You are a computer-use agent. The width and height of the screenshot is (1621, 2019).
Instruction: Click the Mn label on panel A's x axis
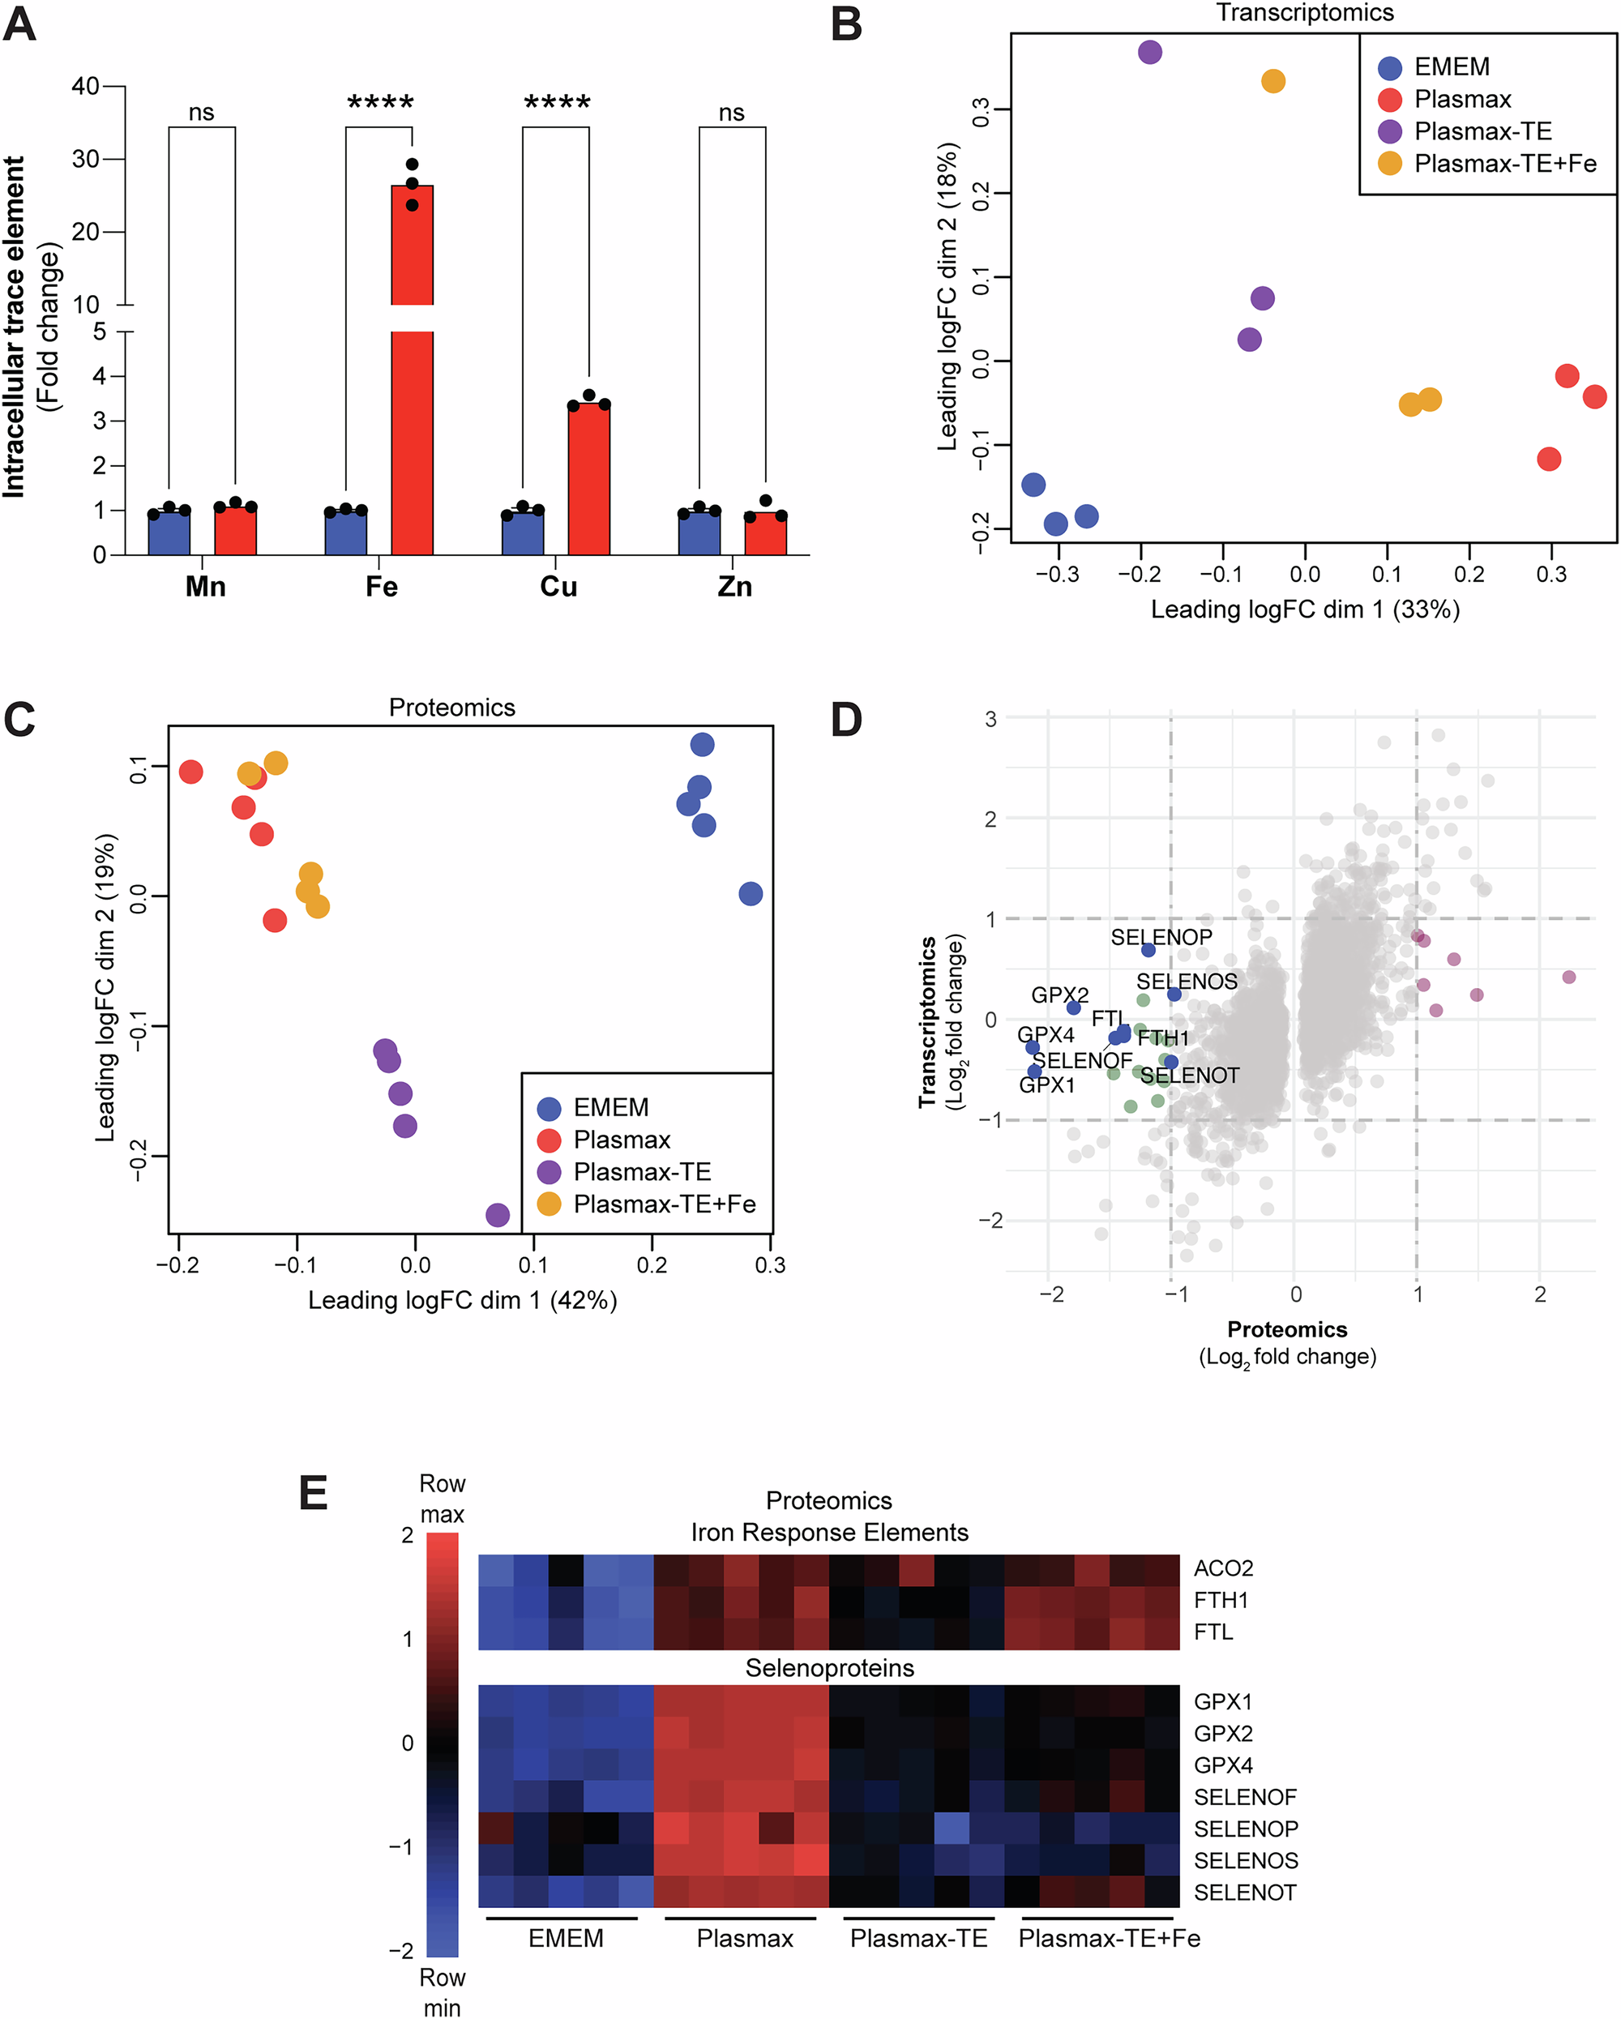[205, 587]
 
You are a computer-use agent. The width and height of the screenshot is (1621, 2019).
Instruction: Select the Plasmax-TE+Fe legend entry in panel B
[1504, 164]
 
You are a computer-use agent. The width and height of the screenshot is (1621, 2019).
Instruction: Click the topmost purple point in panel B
[1150, 53]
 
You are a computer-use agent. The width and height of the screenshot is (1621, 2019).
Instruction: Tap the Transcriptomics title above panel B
[1304, 13]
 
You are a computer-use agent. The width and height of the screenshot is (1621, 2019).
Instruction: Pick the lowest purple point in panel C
[498, 1215]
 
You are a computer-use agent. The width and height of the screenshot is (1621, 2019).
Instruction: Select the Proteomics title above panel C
[451, 708]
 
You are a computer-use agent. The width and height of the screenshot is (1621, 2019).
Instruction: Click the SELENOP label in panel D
[1161, 938]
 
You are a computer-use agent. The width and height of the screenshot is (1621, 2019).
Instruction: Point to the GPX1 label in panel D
[1046, 1085]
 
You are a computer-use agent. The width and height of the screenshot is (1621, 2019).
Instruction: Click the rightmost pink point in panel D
[1568, 977]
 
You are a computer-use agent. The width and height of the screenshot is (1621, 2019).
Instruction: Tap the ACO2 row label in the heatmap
[1223, 1568]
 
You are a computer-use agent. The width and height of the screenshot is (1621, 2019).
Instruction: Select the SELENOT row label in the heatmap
[1245, 1893]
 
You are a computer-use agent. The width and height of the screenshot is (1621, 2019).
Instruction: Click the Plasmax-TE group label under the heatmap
[918, 1939]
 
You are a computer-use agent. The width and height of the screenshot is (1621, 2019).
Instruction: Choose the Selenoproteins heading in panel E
[830, 1668]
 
